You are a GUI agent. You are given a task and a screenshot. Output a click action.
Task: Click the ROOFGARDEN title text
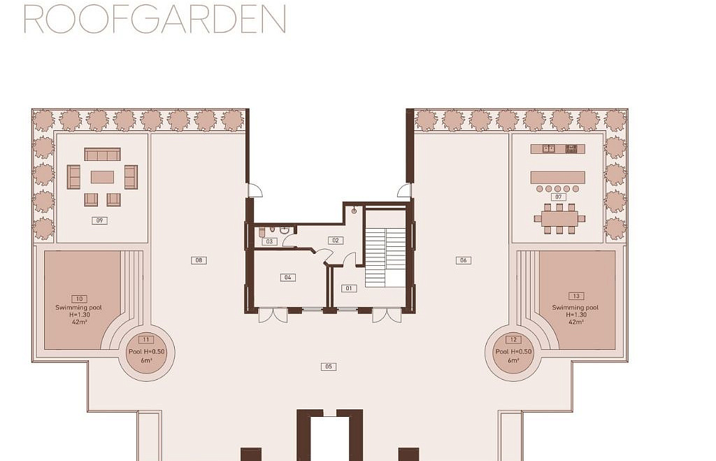(x=155, y=19)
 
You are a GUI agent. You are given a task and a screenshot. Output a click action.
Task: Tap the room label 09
(x=99, y=220)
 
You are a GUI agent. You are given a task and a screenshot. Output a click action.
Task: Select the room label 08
(x=199, y=260)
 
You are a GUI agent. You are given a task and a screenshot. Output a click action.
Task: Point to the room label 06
(x=464, y=260)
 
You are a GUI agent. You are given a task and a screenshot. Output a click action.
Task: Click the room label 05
(x=329, y=367)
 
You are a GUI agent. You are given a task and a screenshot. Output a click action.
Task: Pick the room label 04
(x=287, y=277)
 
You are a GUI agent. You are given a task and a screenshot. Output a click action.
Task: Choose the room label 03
(x=269, y=241)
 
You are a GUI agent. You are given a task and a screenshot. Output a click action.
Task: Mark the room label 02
(x=336, y=241)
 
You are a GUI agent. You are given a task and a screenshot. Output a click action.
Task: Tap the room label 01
(x=349, y=288)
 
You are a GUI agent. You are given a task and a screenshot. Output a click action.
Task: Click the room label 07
(x=559, y=197)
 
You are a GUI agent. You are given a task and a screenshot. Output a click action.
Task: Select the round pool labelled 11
(x=146, y=352)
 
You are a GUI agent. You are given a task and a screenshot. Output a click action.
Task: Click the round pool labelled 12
(x=513, y=352)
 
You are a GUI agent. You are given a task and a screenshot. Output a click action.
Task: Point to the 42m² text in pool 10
(x=79, y=322)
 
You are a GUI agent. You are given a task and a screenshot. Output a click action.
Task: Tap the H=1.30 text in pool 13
(x=576, y=315)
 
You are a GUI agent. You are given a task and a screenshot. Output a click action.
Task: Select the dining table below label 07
(x=559, y=218)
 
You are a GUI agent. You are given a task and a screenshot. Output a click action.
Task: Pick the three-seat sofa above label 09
(x=102, y=154)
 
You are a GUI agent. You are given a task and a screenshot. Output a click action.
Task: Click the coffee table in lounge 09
(x=102, y=177)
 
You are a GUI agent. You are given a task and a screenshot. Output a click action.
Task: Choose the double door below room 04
(x=273, y=315)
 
